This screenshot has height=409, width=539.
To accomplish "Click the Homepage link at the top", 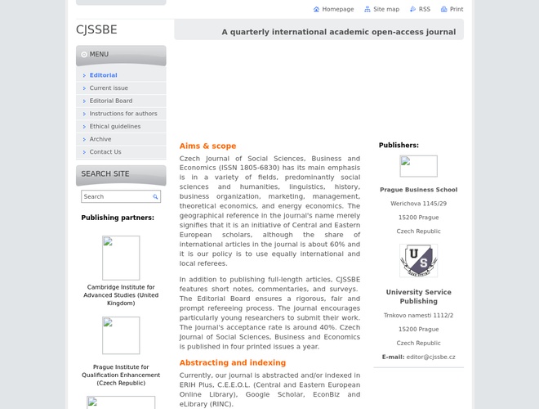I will click(x=337, y=9).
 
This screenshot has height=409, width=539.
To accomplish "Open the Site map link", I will click(x=385, y=9).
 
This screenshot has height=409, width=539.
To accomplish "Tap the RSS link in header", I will click(x=424, y=9).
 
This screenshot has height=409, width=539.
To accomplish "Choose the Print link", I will click(x=456, y=9).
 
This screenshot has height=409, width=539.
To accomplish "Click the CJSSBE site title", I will click(x=96, y=29).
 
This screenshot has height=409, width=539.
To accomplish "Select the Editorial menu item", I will click(x=103, y=75).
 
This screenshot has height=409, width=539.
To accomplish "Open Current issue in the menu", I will click(x=109, y=88).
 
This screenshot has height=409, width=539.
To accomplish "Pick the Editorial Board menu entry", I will click(x=110, y=101).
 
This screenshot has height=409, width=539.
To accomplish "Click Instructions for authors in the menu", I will click(x=123, y=114).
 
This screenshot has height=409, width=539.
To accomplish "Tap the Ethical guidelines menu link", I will click(x=115, y=126).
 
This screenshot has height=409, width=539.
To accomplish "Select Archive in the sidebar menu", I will click(x=100, y=139).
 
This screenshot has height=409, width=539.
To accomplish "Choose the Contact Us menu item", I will click(x=105, y=151).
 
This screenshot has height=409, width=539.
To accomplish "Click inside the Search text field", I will click(x=116, y=196).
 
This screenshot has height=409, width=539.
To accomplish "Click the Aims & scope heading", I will click(x=207, y=146).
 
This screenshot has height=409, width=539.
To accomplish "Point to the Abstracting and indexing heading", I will click(x=233, y=362).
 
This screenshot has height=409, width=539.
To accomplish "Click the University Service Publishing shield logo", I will click(x=418, y=261).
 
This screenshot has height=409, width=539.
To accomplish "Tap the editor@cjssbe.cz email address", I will click(x=430, y=357).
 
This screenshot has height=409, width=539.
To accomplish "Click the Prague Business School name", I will click(x=418, y=190).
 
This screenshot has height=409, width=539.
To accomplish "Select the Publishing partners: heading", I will click(x=118, y=218).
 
